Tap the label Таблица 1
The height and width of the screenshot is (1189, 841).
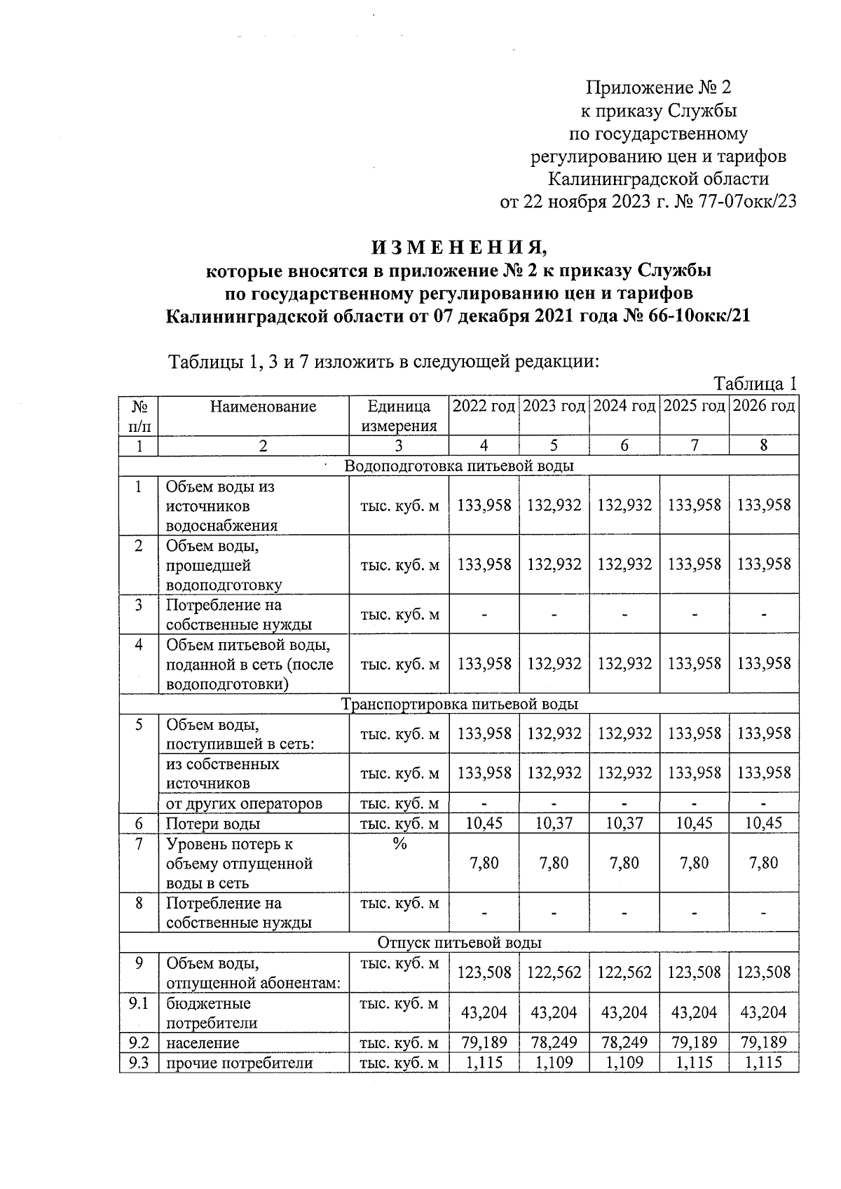pos(755,384)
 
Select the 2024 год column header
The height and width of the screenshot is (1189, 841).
pos(624,406)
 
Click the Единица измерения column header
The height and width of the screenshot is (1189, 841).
pos(399,416)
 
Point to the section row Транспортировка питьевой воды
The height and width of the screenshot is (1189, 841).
pos(459,703)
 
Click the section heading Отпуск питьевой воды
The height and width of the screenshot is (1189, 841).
pos(459,942)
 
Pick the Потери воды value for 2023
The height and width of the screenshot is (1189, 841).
pos(554,823)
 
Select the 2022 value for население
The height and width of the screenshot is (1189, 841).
pos(484,1042)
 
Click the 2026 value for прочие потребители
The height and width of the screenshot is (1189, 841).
pos(764,1063)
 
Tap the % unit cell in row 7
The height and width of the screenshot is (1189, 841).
pos(399,844)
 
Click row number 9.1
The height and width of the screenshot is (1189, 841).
pos(139,1004)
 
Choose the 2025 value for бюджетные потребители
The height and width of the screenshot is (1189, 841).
pos(694,1012)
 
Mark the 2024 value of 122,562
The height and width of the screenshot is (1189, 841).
pos(624,972)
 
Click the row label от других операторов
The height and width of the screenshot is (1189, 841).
pos(244,803)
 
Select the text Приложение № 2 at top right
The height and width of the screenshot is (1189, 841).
pos(658,88)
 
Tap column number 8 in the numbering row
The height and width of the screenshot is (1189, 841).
pos(764,445)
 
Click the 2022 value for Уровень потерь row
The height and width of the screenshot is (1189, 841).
pos(484,863)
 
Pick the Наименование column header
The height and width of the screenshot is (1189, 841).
pos(263,407)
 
